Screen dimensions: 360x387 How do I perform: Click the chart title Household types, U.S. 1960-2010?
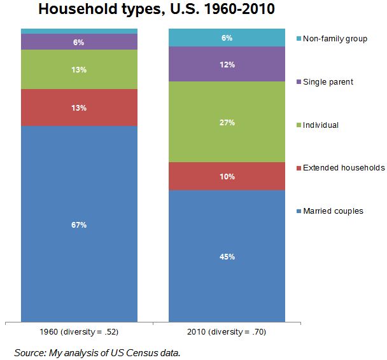tap(157, 11)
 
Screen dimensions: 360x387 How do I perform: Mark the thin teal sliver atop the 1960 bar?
tap(79, 31)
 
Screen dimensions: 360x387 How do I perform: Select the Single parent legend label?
tap(328, 82)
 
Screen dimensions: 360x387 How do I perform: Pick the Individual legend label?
tap(321, 125)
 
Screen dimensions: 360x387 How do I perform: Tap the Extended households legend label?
tap(344, 168)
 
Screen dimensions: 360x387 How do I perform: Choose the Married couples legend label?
tap(333, 211)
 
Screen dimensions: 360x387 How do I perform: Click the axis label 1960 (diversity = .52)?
tap(79, 332)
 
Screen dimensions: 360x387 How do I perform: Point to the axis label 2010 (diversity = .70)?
tap(227, 332)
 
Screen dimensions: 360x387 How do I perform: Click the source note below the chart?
tap(97, 352)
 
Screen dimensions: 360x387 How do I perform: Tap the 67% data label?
tap(79, 225)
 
